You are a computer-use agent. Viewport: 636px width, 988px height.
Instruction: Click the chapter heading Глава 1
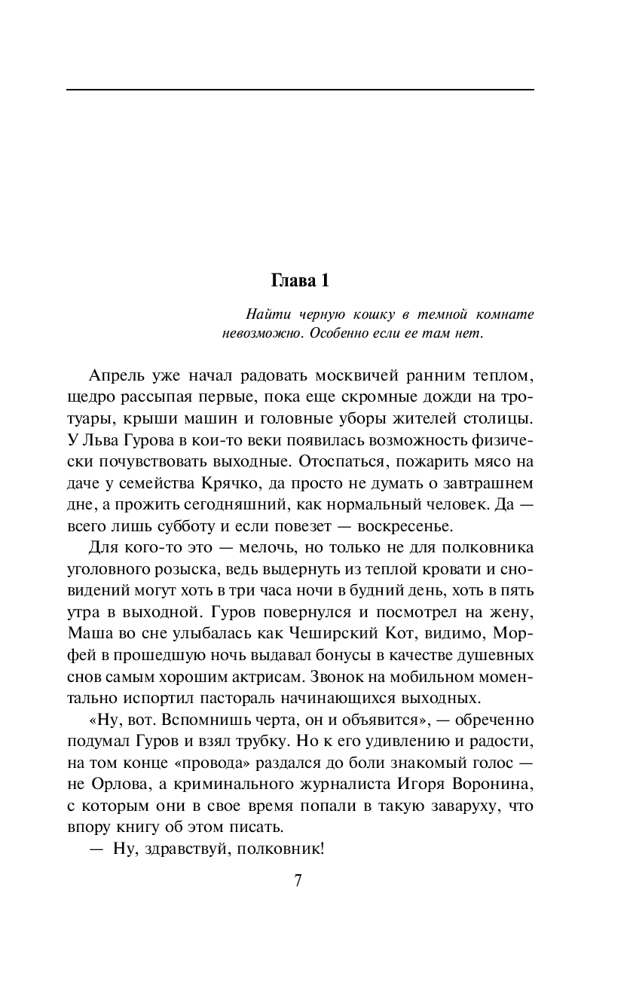pos(300,281)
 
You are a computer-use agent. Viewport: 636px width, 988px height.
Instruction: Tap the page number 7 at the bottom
pos(298,880)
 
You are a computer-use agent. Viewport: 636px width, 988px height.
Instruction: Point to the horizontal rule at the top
pos(300,90)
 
